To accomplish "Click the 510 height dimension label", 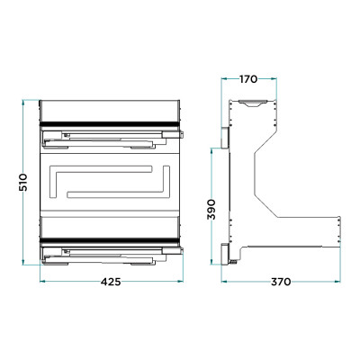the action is (23, 182).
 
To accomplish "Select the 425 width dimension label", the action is (111, 282).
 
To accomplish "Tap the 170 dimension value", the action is (248, 79).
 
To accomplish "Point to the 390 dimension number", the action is (211, 209).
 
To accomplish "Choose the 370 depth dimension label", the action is (281, 282).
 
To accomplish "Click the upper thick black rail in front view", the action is (110, 124).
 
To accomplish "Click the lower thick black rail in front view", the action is (110, 240).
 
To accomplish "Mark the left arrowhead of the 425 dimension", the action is (42, 281).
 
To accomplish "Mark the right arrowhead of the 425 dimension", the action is (180, 281).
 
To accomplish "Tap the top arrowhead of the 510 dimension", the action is (23, 103).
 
